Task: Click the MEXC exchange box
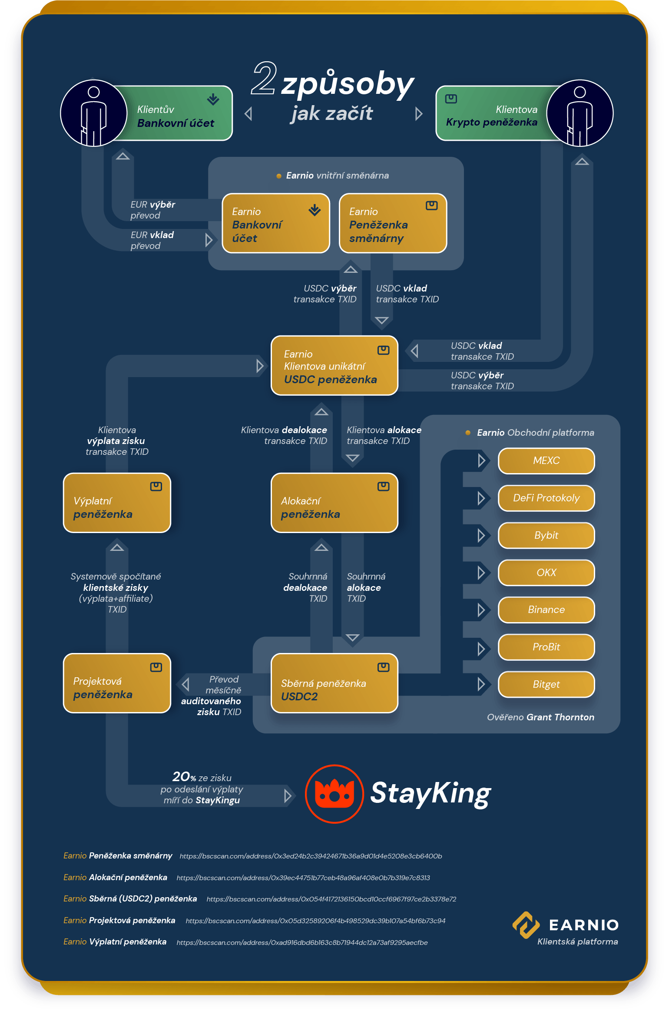[546, 461]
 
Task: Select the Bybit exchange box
[546, 535]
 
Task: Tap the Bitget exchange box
[546, 684]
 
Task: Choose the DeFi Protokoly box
[546, 498]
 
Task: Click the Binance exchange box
[546, 610]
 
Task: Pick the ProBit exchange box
[546, 647]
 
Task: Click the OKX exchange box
[546, 573]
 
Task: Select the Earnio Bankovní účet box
[276, 223]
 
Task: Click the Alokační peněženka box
[334, 503]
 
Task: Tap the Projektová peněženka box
[117, 683]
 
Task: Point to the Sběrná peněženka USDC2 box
[334, 683]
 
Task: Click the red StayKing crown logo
[334, 794]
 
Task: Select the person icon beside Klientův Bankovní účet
[94, 113]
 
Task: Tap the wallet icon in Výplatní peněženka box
[156, 487]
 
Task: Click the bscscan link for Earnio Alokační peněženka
[303, 878]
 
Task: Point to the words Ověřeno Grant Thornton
[540, 717]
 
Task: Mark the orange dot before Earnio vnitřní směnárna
[279, 176]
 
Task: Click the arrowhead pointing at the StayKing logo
[288, 796]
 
